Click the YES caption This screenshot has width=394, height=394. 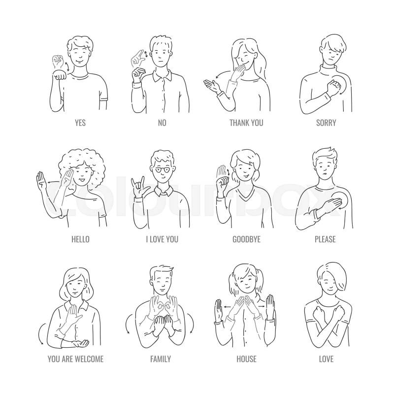(x=80, y=123)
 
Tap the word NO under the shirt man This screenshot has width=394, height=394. (x=162, y=123)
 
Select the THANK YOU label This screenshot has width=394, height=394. (x=246, y=123)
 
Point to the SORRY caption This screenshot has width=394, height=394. (x=326, y=123)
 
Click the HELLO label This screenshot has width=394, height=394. (x=80, y=239)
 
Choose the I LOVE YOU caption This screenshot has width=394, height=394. (x=162, y=239)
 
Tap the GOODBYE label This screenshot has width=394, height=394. (x=246, y=239)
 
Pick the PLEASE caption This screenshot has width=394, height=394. (x=325, y=239)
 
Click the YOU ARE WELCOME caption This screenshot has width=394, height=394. (x=76, y=359)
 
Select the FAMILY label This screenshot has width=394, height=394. (x=161, y=359)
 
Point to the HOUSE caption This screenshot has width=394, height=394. (x=246, y=359)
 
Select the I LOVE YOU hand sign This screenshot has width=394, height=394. (x=137, y=187)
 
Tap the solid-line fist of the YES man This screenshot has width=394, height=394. (x=59, y=75)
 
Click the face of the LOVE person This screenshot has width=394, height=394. (x=328, y=283)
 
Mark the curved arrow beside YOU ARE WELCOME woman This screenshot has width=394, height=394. (x=40, y=333)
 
